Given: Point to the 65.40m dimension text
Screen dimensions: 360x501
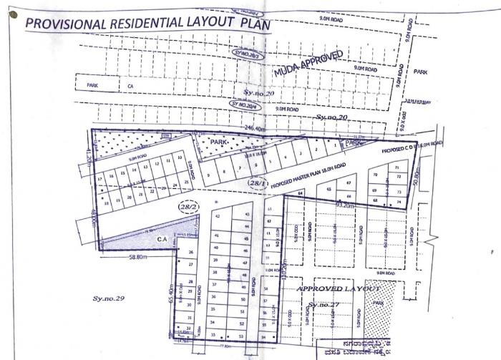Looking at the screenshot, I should tap(171, 294).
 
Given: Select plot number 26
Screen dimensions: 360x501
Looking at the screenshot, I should tap(191, 253).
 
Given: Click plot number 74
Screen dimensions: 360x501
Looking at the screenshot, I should tap(398, 202).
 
